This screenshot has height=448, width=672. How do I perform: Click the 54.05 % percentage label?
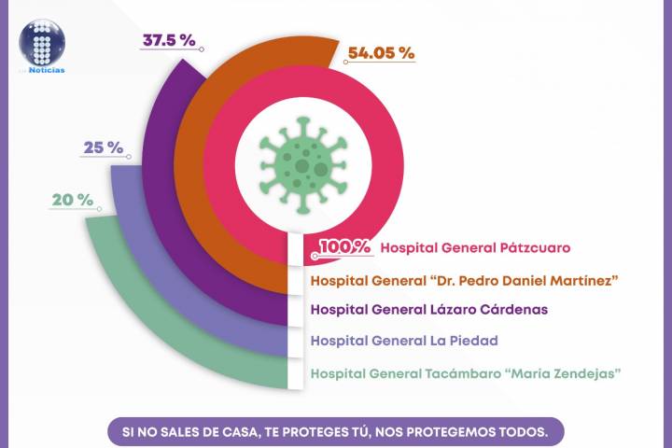coord(380,53)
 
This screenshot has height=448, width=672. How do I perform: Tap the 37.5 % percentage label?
coord(169,41)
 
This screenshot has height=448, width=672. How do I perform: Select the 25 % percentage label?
coord(104,147)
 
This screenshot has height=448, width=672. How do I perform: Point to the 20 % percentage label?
coord(73,200)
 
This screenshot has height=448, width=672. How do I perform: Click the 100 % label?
coord(346,247)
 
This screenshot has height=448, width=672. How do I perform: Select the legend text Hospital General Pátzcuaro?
coord(476,248)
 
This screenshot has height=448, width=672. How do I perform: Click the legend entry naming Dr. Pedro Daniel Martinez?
coord(465,280)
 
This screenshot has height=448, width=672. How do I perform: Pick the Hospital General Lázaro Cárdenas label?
coord(428,309)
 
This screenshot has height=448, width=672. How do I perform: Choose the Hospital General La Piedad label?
coord(404,341)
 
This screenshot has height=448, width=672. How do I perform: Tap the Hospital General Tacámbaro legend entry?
coord(466,374)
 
